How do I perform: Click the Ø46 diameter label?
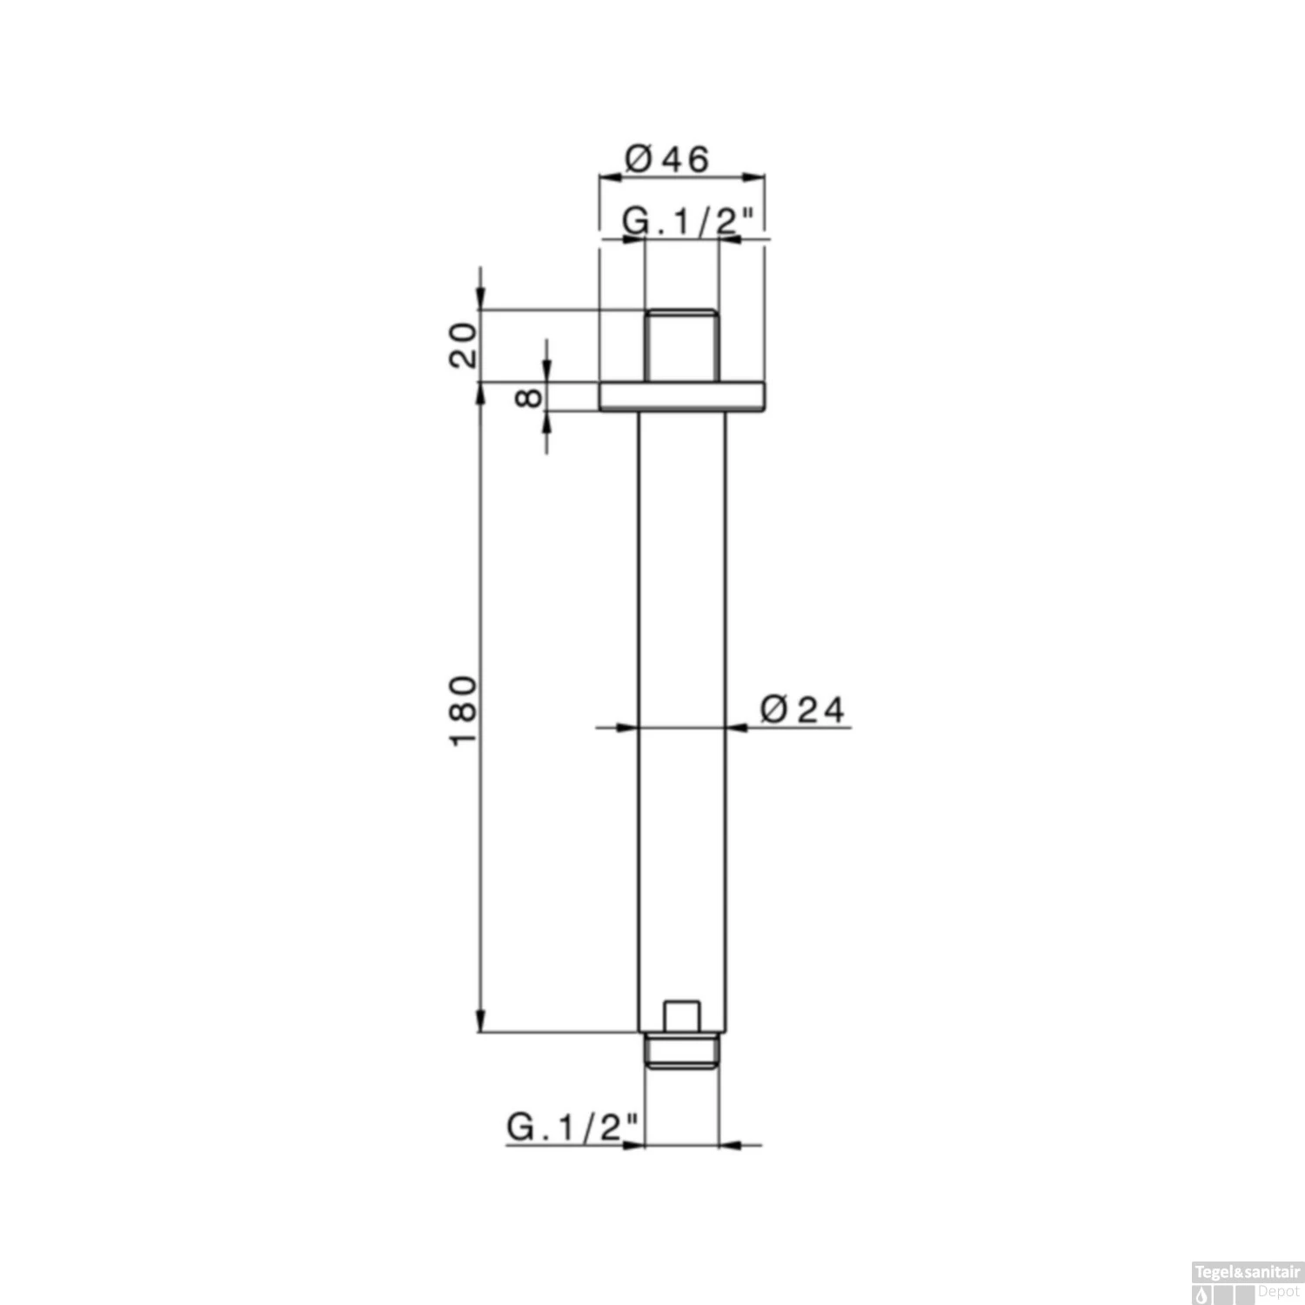pos(667,158)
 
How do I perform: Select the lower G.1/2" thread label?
pos(573,1128)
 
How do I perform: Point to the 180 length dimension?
pos(464,709)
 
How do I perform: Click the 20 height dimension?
pos(464,345)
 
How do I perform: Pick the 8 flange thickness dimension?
pos(529,398)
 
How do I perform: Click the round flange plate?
pos(682,396)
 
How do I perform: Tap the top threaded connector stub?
pos(681,345)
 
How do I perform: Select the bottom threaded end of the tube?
pos(682,1050)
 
